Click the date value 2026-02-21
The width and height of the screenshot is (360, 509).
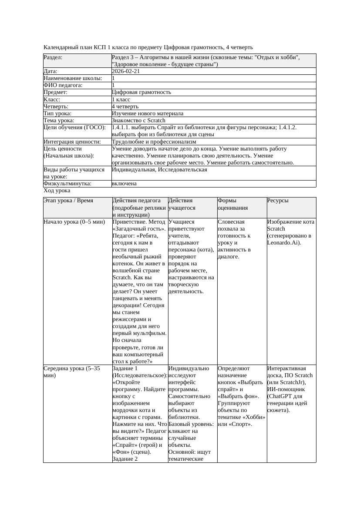point(126,71)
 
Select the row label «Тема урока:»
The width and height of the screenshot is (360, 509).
point(59,121)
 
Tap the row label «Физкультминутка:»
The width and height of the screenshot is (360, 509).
point(67,184)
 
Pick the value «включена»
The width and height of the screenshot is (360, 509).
point(124,184)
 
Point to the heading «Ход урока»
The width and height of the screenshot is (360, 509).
point(57,191)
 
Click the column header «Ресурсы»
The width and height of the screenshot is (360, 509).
point(278,201)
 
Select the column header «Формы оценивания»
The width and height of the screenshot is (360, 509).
point(233,204)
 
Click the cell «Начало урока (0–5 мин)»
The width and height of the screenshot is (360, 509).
point(74,222)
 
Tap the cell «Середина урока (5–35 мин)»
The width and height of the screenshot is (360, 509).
point(72,372)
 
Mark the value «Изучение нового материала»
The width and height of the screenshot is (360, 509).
point(148,114)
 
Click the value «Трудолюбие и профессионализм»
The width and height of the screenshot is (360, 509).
point(154,142)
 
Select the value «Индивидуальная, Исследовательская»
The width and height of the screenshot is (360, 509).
point(159,170)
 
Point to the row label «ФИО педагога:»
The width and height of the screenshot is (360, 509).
point(63,85)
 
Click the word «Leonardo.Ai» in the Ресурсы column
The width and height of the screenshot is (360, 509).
point(283,243)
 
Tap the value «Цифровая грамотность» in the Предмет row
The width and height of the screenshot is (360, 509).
point(141,92)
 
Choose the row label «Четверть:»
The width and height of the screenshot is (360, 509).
point(56,107)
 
